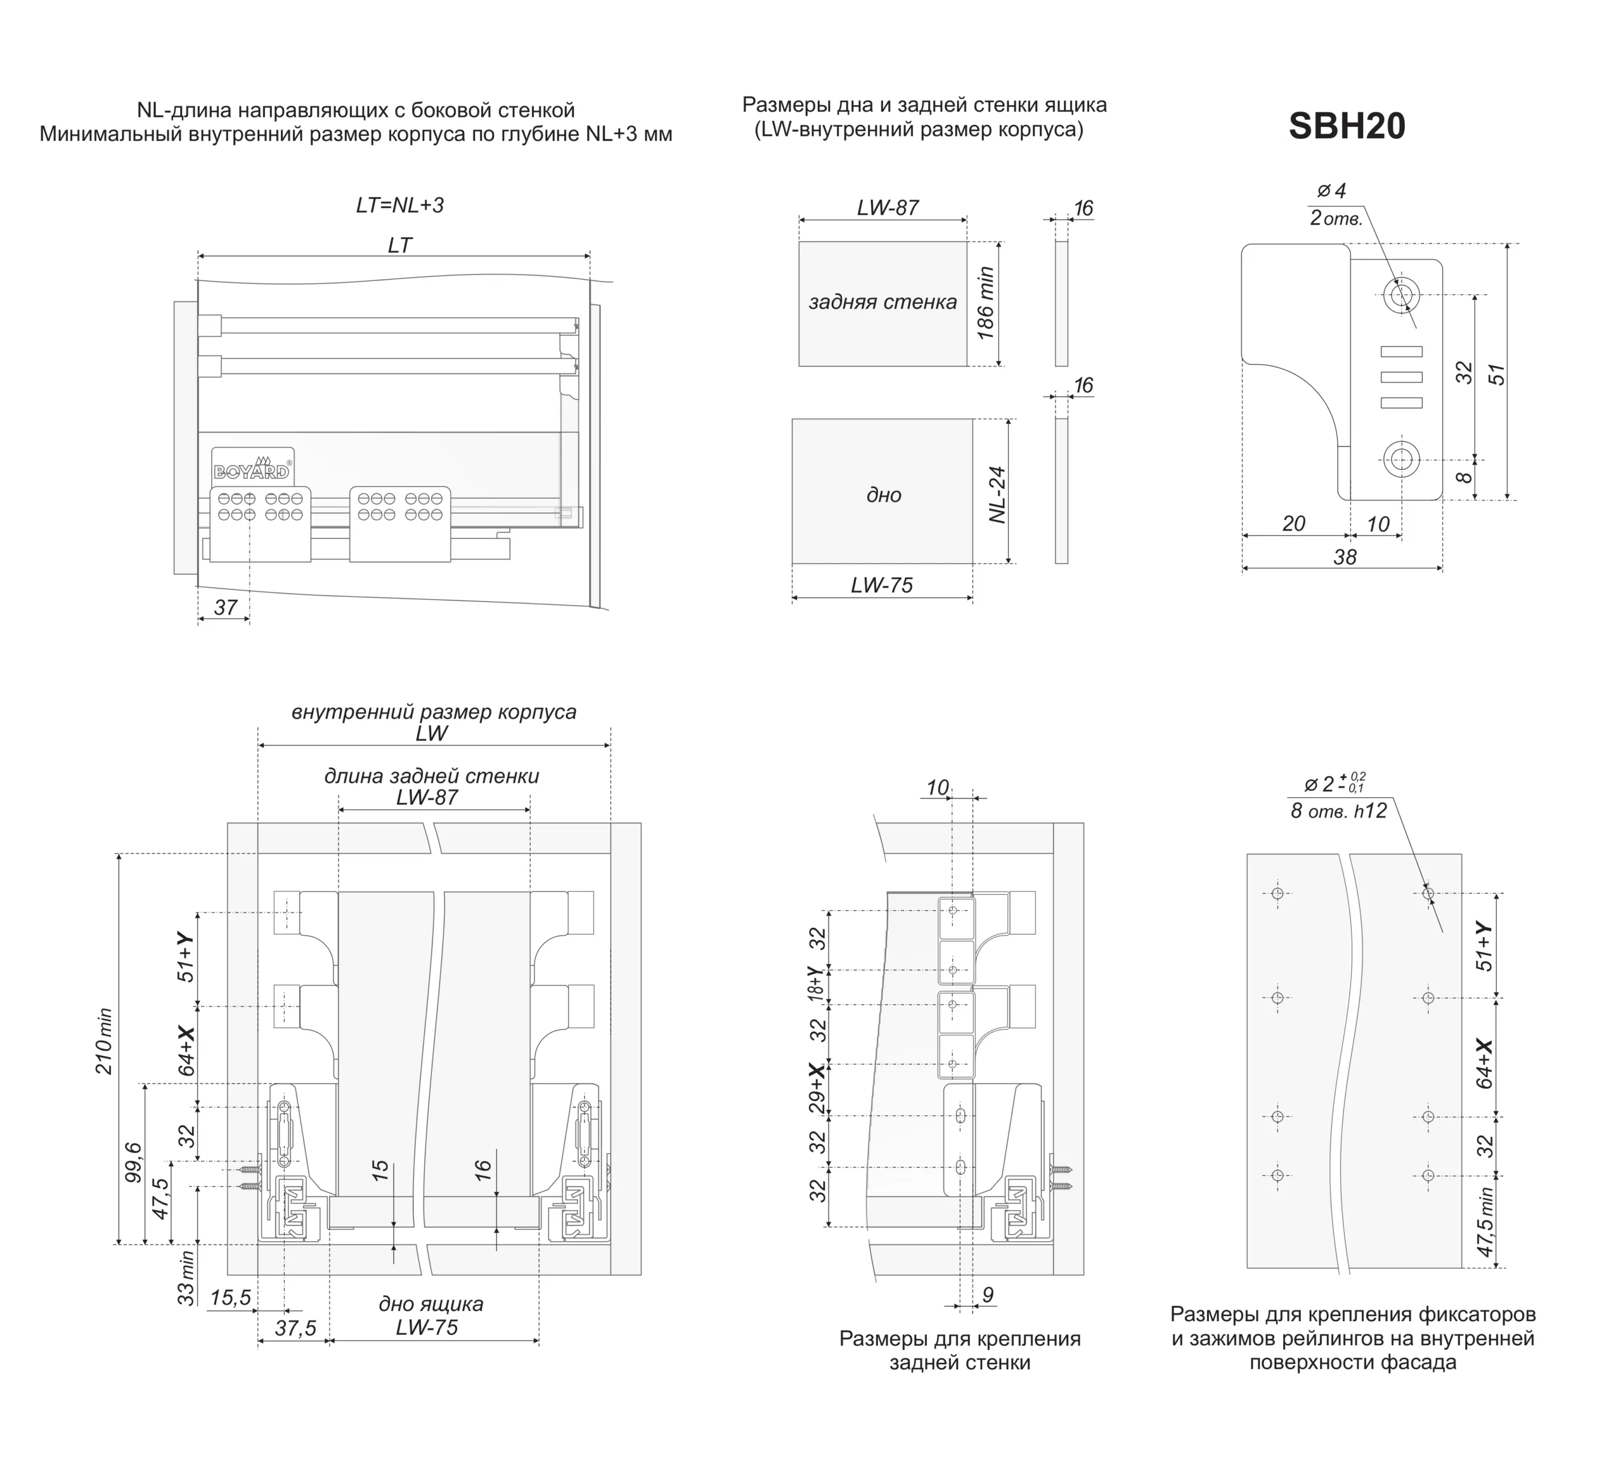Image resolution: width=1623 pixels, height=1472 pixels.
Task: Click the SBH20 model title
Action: pyautogui.click(x=1346, y=126)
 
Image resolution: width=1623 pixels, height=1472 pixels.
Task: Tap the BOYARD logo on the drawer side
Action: pyautogui.click(x=252, y=471)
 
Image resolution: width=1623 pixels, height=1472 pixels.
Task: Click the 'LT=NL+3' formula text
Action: pyautogui.click(x=400, y=205)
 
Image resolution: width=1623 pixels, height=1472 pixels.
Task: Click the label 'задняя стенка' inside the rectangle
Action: pyautogui.click(x=883, y=302)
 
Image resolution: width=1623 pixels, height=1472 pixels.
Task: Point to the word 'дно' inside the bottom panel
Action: pyautogui.click(x=883, y=495)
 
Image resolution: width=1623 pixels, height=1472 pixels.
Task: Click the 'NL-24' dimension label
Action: pyautogui.click(x=999, y=495)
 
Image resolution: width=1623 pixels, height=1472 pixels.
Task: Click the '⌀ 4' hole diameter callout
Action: pyautogui.click(x=1331, y=191)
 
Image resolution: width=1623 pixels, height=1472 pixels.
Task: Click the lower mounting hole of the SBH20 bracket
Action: pyautogui.click(x=1402, y=460)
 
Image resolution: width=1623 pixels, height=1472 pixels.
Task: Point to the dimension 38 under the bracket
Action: pyautogui.click(x=1345, y=557)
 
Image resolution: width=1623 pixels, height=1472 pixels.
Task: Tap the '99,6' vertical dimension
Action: pyautogui.click(x=133, y=1162)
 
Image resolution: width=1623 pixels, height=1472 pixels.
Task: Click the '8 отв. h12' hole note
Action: pyautogui.click(x=1339, y=811)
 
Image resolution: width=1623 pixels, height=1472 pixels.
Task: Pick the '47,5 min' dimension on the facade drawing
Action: pyautogui.click(x=1485, y=1221)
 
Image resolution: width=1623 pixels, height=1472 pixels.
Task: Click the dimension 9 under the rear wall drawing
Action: pyautogui.click(x=988, y=1295)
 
